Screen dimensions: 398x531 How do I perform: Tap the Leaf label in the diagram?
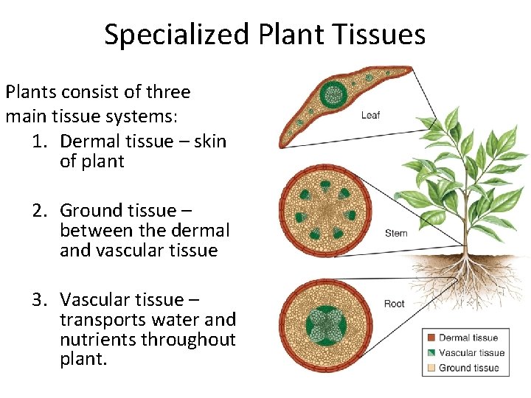[x=370, y=115]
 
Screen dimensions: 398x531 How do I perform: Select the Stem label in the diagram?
[x=396, y=234]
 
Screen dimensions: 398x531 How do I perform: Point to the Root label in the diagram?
[x=395, y=304]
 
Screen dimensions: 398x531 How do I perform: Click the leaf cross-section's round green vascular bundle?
[x=333, y=94]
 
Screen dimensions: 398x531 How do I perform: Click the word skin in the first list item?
[x=209, y=142]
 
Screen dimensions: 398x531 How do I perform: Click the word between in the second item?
[x=94, y=231]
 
